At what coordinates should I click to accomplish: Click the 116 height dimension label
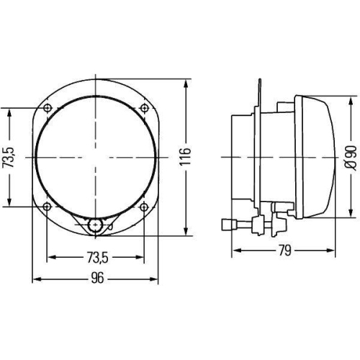(185, 156)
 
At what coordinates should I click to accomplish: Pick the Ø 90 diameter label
(350, 156)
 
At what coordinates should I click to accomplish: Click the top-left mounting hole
(48, 108)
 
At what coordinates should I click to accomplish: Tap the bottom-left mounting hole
(48, 207)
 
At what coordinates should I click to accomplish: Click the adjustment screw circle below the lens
(94, 226)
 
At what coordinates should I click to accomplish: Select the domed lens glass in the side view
(320, 156)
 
